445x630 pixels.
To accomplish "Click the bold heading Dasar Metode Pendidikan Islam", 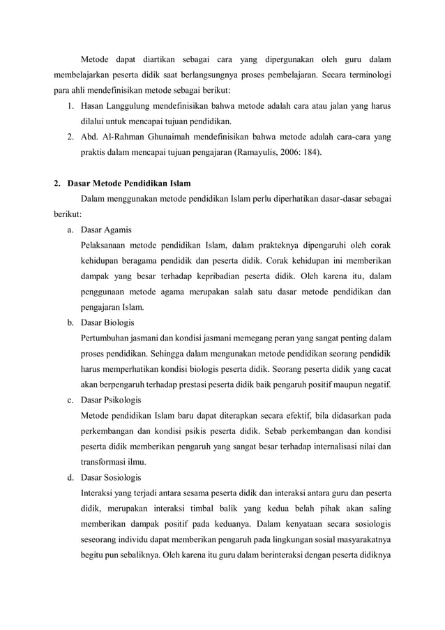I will tap(128, 184).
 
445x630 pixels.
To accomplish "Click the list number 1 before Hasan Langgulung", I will tap(71, 105).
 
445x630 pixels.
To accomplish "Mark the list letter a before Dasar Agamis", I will tap(71, 230).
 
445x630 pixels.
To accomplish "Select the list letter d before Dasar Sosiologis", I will tap(71, 478).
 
